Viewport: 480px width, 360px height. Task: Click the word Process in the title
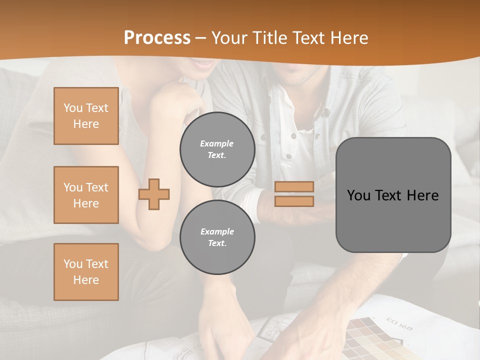[x=157, y=38]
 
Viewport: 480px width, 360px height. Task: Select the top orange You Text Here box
[x=86, y=116]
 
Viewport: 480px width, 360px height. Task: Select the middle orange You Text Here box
[x=86, y=195]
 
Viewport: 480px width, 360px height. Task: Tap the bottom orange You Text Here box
[x=86, y=272]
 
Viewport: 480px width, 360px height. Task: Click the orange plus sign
[x=154, y=194]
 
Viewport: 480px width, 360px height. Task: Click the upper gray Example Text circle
[x=217, y=149]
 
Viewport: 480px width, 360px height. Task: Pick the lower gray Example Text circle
[x=217, y=237]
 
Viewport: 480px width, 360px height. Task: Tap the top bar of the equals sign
[x=294, y=186]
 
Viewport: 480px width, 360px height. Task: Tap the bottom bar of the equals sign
[x=294, y=201]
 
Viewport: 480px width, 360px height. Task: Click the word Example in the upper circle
[x=217, y=143]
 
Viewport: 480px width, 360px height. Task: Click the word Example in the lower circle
[x=217, y=231]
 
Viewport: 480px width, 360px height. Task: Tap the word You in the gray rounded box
[x=358, y=195]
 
